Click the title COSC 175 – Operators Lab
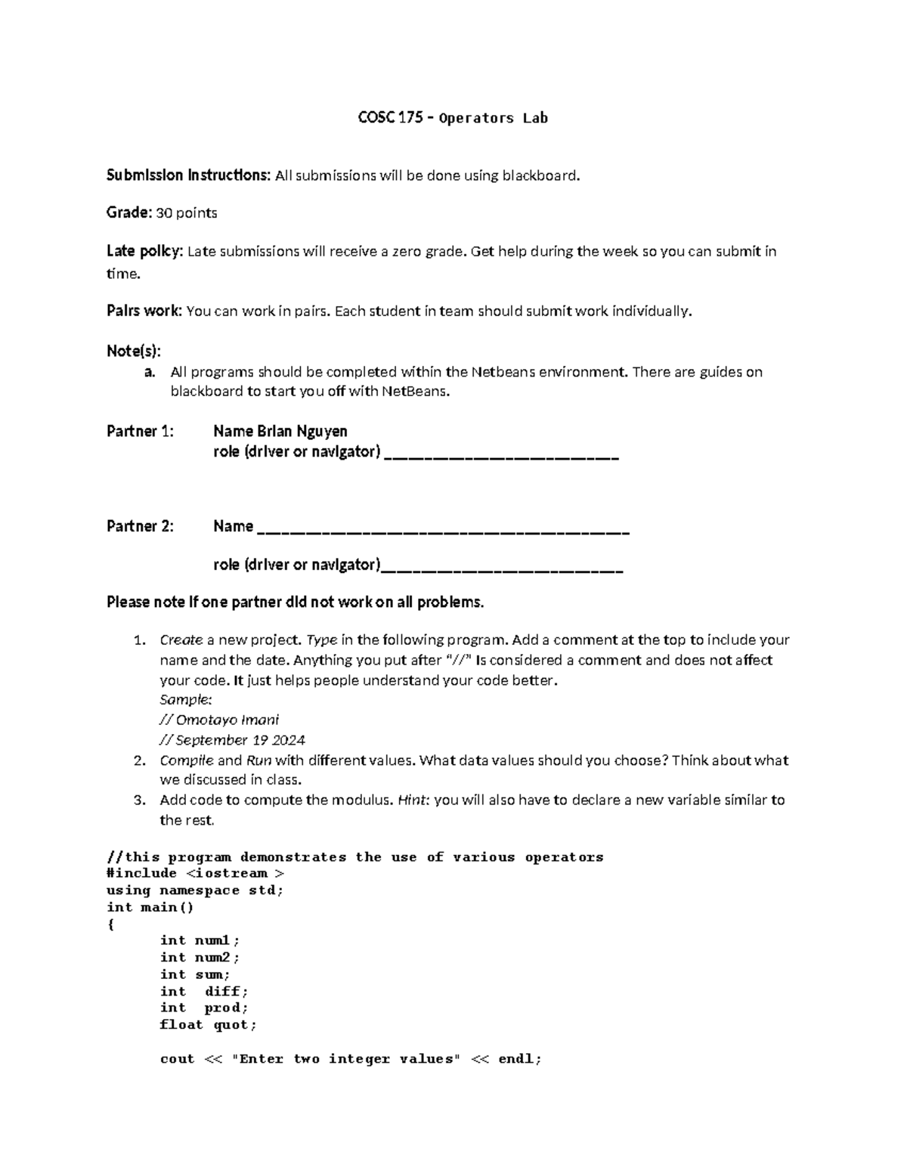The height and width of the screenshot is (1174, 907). pyautogui.click(x=452, y=118)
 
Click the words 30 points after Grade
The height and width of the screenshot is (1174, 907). pyautogui.click(x=186, y=213)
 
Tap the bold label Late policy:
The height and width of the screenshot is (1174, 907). pyautogui.click(x=144, y=251)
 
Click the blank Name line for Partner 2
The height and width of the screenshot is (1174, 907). pyautogui.click(x=443, y=528)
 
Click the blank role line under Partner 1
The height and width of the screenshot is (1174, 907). pyautogui.click(x=502, y=454)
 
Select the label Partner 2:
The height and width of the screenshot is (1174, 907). pyautogui.click(x=140, y=526)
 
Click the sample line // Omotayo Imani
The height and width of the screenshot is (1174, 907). pyautogui.click(x=219, y=720)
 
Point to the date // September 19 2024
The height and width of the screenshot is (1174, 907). pyautogui.click(x=232, y=740)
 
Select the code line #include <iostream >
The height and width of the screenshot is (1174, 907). pyautogui.click(x=196, y=873)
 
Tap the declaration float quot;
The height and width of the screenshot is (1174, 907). pyautogui.click(x=208, y=1025)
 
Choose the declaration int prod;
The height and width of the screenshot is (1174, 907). pyautogui.click(x=203, y=1008)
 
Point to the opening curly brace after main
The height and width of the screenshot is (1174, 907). pyautogui.click(x=111, y=925)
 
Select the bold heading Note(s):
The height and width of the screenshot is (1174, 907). pyautogui.click(x=134, y=351)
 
